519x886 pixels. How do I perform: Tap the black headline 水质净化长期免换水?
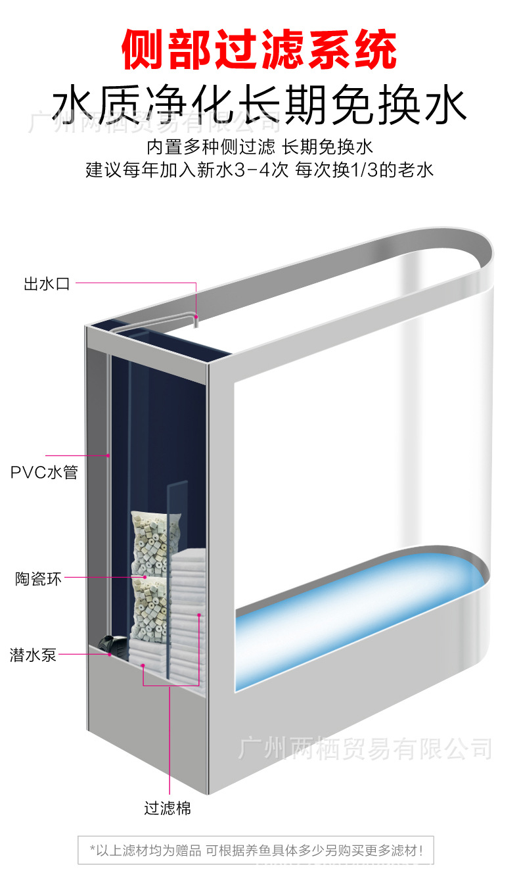point(259,105)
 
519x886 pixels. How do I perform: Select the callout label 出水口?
point(46,285)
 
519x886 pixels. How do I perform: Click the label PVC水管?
point(44,473)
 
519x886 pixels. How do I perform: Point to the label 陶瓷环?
point(39,579)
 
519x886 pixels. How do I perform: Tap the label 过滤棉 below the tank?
point(168,808)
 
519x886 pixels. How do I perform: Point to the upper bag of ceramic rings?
point(149,543)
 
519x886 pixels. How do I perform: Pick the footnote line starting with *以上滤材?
point(256,851)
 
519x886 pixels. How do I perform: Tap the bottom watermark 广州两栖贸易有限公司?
point(365,749)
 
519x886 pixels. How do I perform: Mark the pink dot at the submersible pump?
point(109,654)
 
